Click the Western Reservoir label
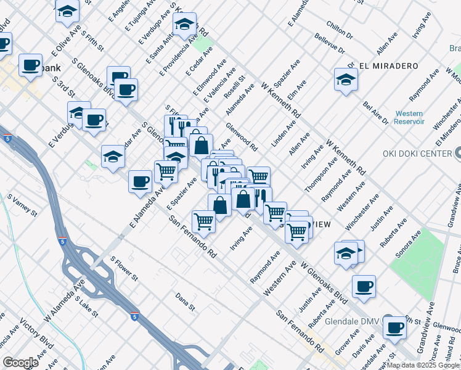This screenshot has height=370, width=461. click(409, 117)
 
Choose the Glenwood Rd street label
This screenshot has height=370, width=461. click(242, 138)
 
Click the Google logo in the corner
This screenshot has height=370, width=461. click(20, 363)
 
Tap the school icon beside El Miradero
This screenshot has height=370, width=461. click(346, 80)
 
